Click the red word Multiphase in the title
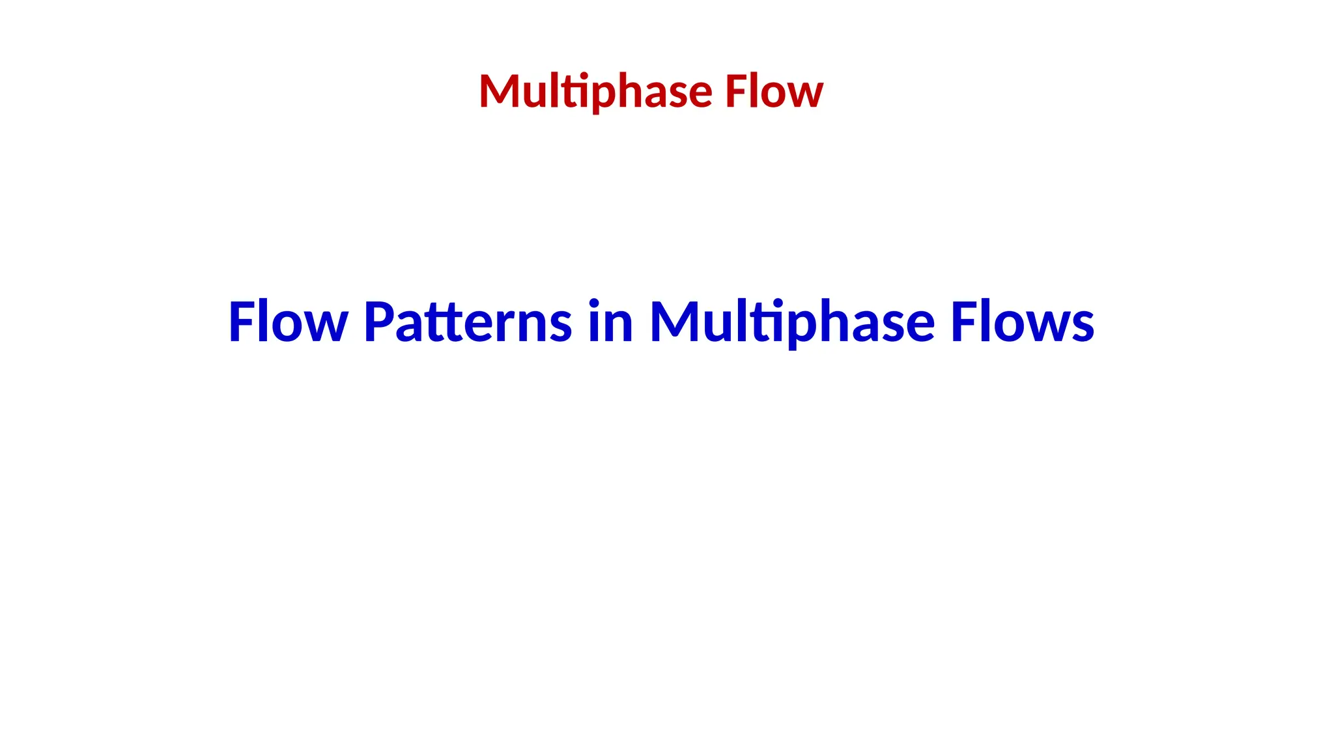pos(595,92)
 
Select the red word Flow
pos(774,92)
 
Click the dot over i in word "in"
pos(593,301)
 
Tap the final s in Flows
pos(1083,327)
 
